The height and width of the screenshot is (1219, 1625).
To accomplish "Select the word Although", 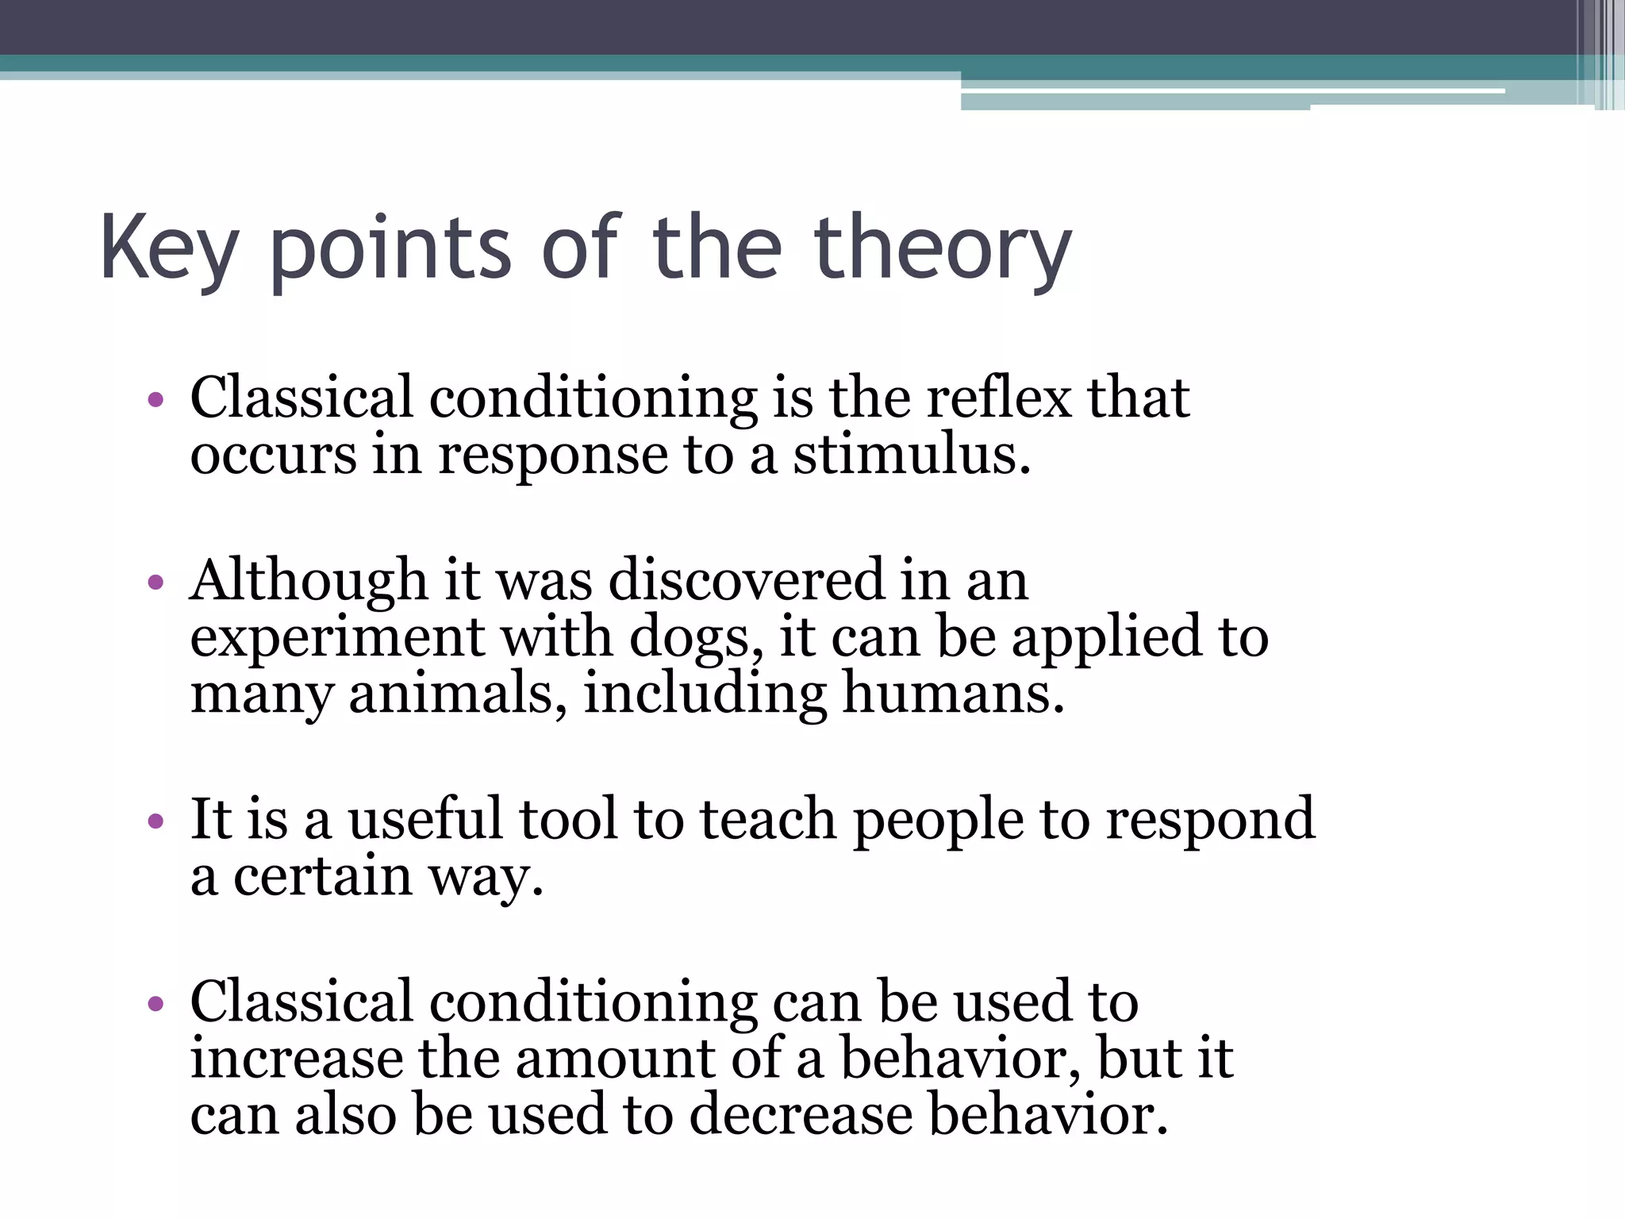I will click(x=309, y=581).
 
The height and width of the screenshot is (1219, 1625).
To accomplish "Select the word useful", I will click(x=425, y=819).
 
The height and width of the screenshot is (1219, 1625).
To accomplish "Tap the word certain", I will click(x=322, y=877).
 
